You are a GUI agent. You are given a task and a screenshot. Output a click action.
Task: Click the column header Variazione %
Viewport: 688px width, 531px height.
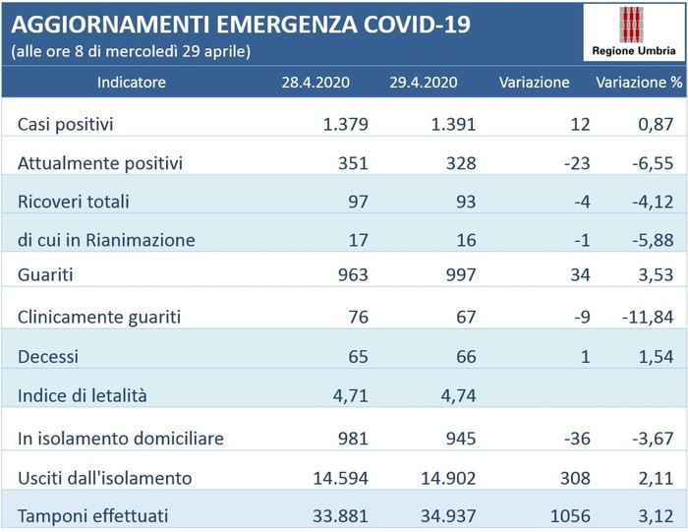(x=639, y=83)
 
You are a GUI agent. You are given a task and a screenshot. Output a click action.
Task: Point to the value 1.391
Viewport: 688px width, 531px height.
(x=453, y=125)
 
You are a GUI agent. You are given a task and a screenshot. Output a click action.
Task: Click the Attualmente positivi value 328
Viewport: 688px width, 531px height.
(x=459, y=163)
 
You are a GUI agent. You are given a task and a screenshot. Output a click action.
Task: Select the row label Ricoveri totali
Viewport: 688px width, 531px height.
(x=74, y=202)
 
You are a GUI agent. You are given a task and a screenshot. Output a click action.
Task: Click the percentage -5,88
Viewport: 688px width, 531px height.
(x=651, y=241)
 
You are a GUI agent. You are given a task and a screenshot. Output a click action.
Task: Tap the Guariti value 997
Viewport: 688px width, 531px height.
(x=459, y=279)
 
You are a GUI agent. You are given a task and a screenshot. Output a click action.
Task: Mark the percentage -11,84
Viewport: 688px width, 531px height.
(x=647, y=318)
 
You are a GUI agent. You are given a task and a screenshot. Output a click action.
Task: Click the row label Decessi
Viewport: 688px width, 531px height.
(x=48, y=356)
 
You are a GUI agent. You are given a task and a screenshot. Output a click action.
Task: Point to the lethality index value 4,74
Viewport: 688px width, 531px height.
(x=456, y=395)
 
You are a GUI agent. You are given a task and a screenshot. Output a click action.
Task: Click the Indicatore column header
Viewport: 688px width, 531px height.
(x=132, y=83)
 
